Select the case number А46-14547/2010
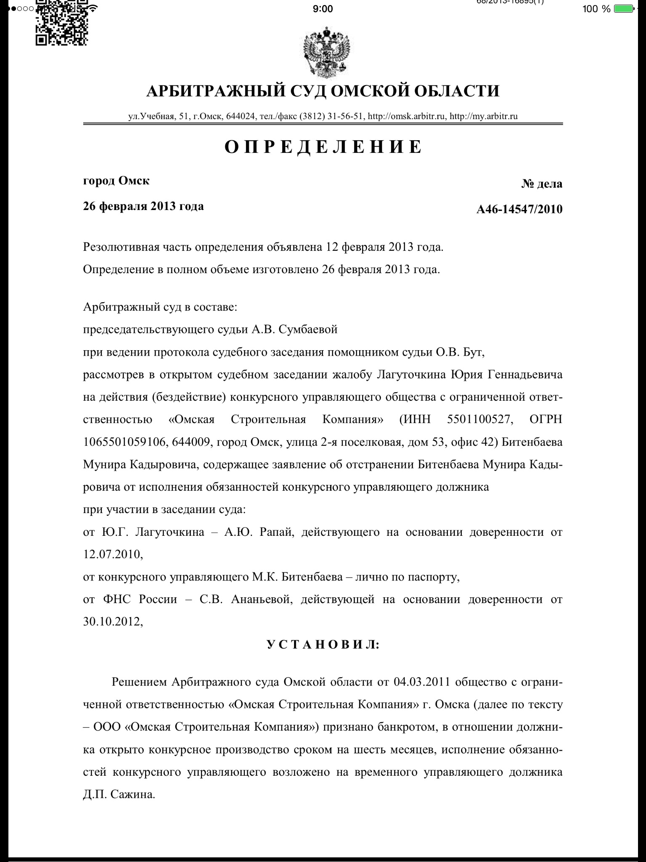(519, 209)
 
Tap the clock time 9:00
(323, 9)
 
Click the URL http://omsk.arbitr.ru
(407, 116)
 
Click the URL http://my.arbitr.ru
(484, 116)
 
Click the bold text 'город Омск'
(116, 181)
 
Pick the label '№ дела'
(542, 184)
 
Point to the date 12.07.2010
(113, 554)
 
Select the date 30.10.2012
(113, 622)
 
